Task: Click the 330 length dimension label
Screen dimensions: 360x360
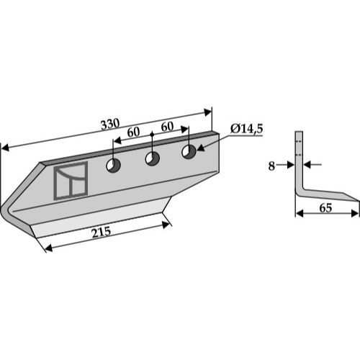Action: coord(110,124)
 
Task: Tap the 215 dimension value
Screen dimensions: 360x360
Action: coord(101,232)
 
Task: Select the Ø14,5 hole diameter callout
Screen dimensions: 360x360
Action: coord(246,129)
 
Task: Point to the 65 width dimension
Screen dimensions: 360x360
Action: coord(325,208)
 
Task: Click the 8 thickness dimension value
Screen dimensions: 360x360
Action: coord(271,166)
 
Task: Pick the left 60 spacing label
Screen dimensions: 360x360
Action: coord(133,132)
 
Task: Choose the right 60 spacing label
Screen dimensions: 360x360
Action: coord(167,127)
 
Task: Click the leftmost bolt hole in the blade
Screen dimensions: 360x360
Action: coord(113,165)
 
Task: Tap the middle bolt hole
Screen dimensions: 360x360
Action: coord(153,158)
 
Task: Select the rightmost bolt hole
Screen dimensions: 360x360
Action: coord(189,152)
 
